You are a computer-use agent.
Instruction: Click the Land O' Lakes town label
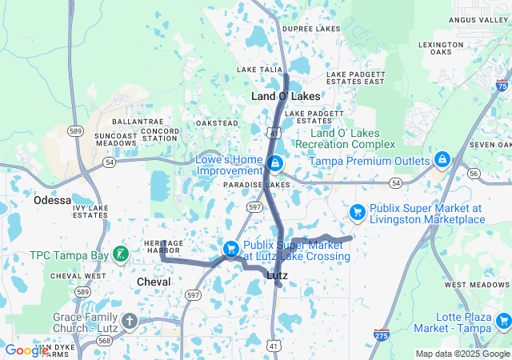click(286, 96)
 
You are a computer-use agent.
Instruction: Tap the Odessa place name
click(52, 201)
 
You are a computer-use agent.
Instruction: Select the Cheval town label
click(154, 282)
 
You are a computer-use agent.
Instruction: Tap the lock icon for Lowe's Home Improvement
click(275, 163)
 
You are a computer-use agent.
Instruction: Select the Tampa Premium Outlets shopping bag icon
click(441, 161)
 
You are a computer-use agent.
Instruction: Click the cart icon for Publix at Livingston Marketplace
click(358, 212)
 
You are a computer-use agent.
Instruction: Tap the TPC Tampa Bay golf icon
click(120, 255)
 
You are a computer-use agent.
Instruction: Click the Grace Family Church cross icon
click(130, 322)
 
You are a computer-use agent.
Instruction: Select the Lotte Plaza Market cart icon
click(502, 322)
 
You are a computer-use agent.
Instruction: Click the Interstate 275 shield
click(382, 337)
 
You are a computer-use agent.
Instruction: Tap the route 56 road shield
click(474, 173)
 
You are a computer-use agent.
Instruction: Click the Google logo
click(26, 350)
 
